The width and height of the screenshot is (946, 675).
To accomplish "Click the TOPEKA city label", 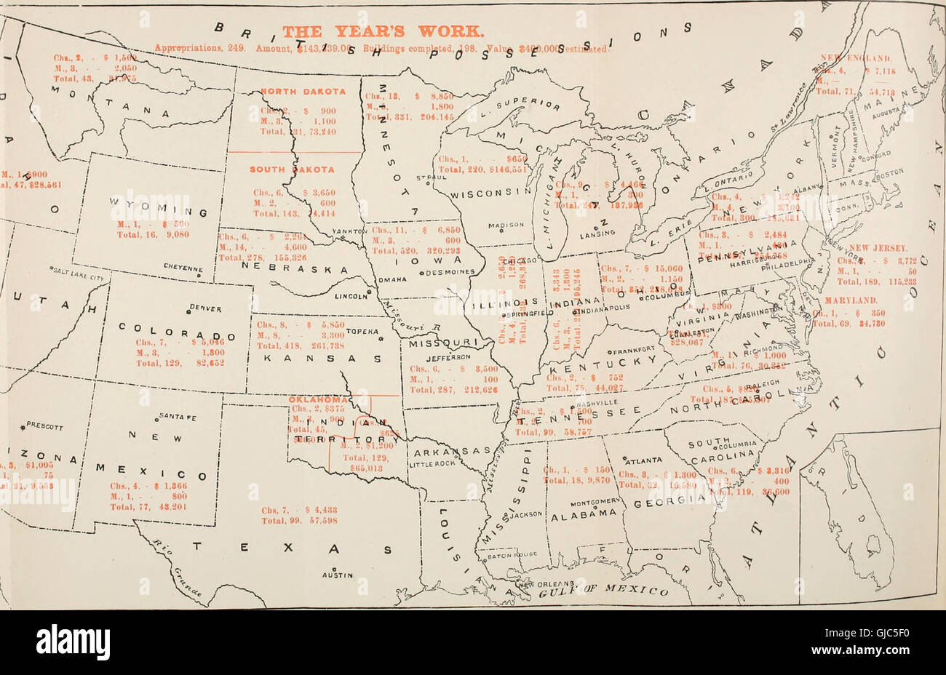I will [359, 331].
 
